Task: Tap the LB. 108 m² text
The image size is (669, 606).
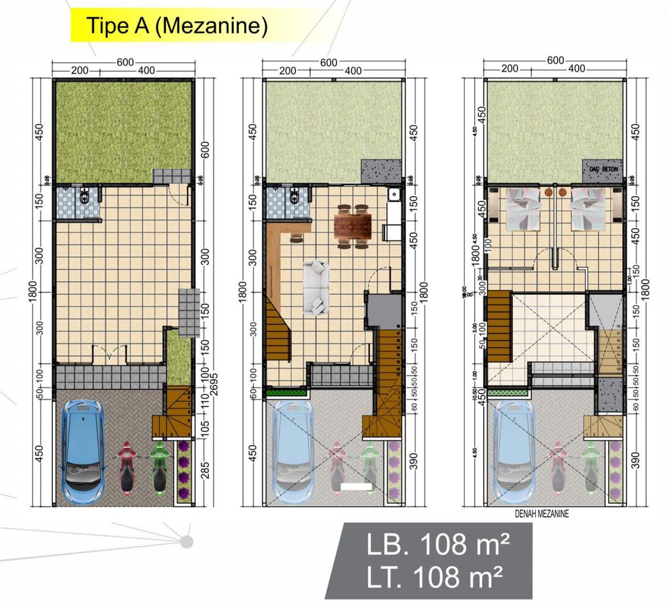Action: tap(429, 544)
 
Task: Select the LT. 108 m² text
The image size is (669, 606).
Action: tap(429, 577)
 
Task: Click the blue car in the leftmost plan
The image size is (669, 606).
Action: tap(83, 449)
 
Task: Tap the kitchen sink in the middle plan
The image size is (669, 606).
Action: tap(394, 194)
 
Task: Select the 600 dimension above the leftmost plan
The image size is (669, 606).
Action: tap(122, 62)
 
